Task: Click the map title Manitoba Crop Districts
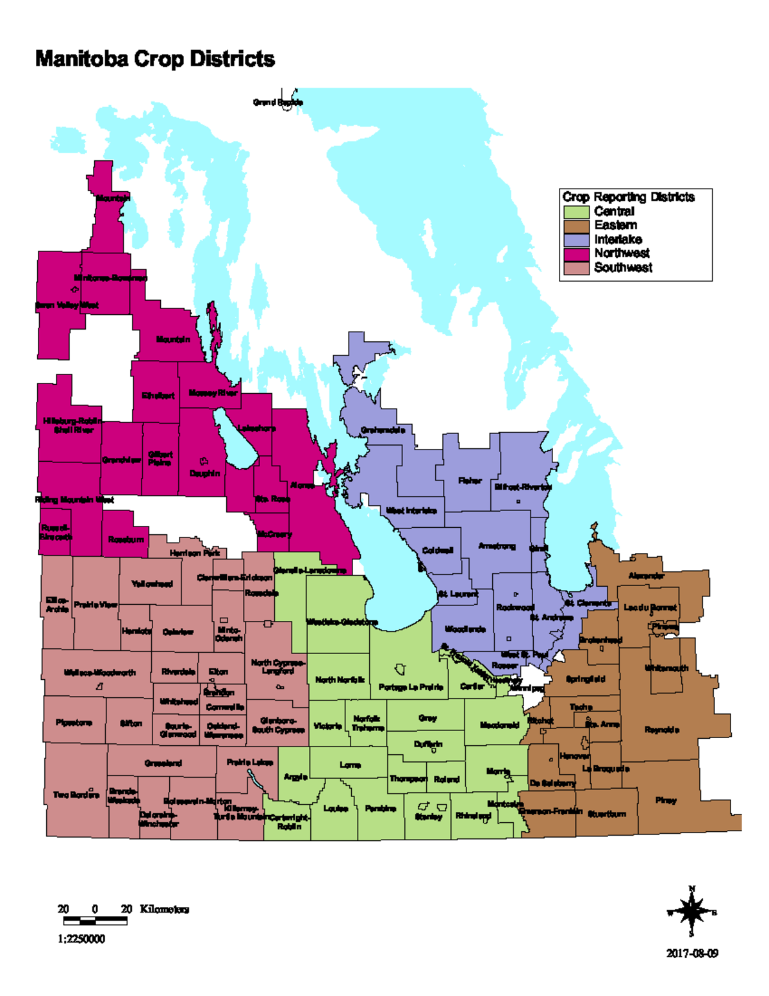[x=154, y=59]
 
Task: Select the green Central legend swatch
[x=576, y=212]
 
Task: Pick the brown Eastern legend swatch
[x=576, y=226]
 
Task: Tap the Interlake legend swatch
[x=576, y=240]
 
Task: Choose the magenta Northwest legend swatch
[x=576, y=254]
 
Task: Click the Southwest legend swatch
[x=576, y=268]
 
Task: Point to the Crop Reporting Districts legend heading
[x=628, y=197]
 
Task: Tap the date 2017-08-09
[x=692, y=954]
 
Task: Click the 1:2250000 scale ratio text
[x=81, y=939]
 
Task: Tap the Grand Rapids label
[x=277, y=102]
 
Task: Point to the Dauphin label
[x=204, y=473]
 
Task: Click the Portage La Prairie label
[x=411, y=687]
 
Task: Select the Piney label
[x=666, y=800]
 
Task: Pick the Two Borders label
[x=76, y=795]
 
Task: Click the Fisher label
[x=470, y=480]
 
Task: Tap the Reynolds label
[x=662, y=730]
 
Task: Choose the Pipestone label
[x=74, y=723]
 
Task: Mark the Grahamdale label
[x=383, y=430]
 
